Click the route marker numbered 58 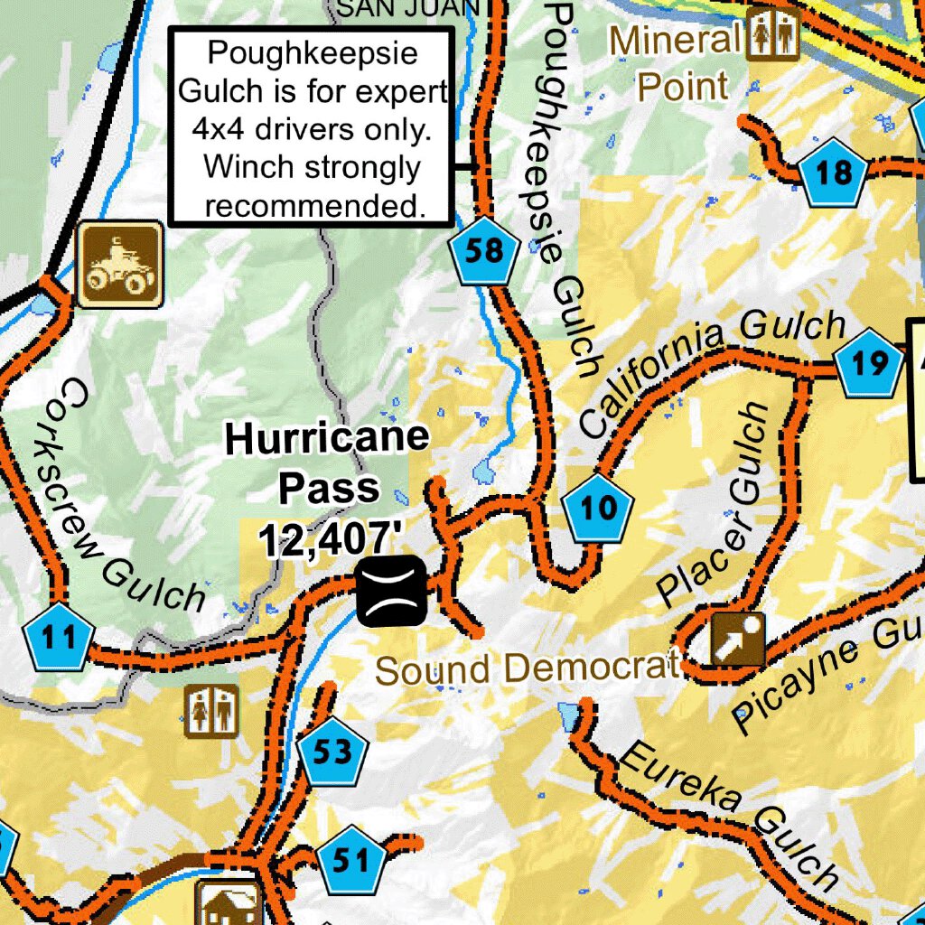[484, 251]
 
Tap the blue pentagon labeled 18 [834, 173]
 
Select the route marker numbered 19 [869, 364]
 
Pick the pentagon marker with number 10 [597, 509]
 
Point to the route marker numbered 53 [332, 752]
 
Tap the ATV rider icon [120, 264]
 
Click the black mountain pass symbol [390, 592]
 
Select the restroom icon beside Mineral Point [773, 34]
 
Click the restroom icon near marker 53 [211, 710]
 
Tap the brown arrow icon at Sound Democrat [737, 640]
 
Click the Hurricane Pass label [327, 463]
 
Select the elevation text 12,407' [329, 540]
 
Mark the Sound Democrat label [526, 669]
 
